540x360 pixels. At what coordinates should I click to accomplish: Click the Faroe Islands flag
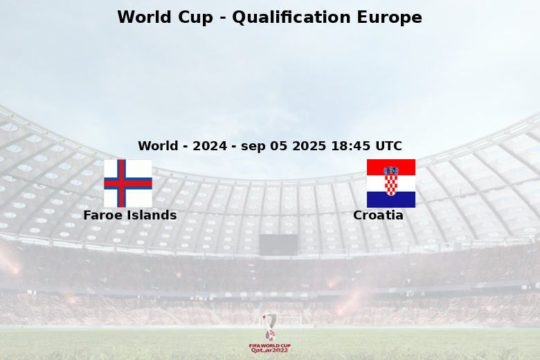point(128,183)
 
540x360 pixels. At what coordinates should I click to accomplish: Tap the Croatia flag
point(391,183)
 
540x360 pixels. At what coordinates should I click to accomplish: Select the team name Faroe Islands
point(130,215)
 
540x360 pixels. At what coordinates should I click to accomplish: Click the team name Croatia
point(378,215)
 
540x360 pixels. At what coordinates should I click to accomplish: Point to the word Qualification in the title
point(291,17)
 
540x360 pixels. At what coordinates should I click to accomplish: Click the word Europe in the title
point(390,18)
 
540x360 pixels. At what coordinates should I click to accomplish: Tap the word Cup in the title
point(195,18)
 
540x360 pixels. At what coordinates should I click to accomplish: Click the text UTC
point(389,145)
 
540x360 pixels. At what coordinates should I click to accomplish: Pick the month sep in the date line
point(253,146)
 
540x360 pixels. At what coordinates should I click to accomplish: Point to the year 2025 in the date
point(309,145)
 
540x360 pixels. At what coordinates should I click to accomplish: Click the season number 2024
point(210,145)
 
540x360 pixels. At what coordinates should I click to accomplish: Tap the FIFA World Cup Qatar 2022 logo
point(270,333)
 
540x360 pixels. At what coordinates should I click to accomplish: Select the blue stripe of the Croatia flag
point(391,199)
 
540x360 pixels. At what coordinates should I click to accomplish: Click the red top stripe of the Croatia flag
point(391,168)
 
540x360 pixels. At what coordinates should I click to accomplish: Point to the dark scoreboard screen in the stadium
point(278,245)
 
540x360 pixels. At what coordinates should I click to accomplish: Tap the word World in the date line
point(158,145)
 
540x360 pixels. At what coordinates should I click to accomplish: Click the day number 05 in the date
point(278,145)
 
